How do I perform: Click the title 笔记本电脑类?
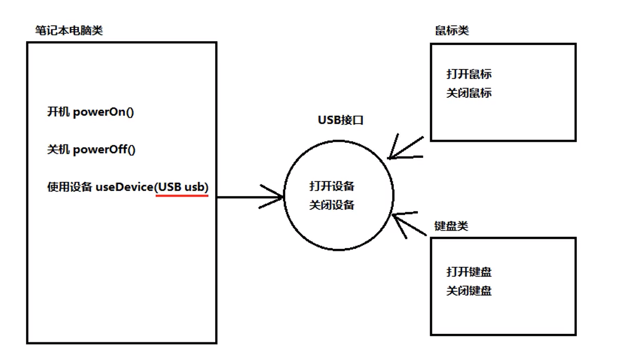pyautogui.click(x=69, y=30)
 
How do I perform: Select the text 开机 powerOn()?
pyautogui.click(x=89, y=112)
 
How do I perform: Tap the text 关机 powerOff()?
pyautogui.click(x=92, y=150)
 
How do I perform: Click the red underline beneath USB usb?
pyautogui.click(x=182, y=195)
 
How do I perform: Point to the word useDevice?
pyautogui.click(x=124, y=187)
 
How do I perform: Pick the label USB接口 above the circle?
pyautogui.click(x=340, y=120)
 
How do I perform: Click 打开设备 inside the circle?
pyautogui.click(x=332, y=186)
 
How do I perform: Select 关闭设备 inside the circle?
pyautogui.click(x=332, y=205)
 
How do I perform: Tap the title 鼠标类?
pyautogui.click(x=452, y=30)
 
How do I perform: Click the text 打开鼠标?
pyautogui.click(x=469, y=74)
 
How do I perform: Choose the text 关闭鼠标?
pyautogui.click(x=469, y=93)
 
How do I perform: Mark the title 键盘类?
pyautogui.click(x=451, y=226)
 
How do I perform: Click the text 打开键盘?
pyautogui.click(x=469, y=272)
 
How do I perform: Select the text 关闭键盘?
pyautogui.click(x=469, y=291)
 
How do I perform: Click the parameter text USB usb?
pyautogui.click(x=182, y=187)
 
